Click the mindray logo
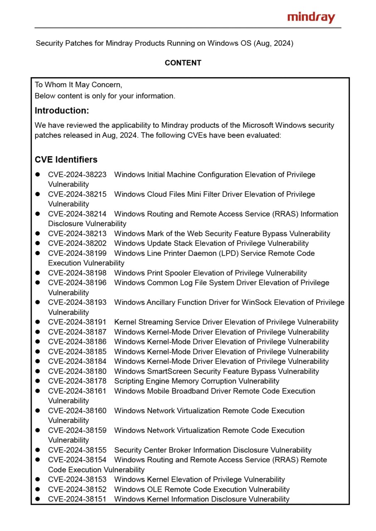pos(311,17)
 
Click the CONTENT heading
pos(183,63)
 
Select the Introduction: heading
pos(61,111)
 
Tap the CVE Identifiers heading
pos(66,160)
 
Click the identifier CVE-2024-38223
pos(77,175)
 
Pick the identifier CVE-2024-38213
pos(77,234)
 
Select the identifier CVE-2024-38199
pos(77,253)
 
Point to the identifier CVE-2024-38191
pos(77,322)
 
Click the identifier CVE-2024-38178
pos(77,381)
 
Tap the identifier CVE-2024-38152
pos(77,489)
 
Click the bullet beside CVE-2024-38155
pos(38,450)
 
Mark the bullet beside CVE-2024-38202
pos(38,244)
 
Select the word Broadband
pos(190,391)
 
